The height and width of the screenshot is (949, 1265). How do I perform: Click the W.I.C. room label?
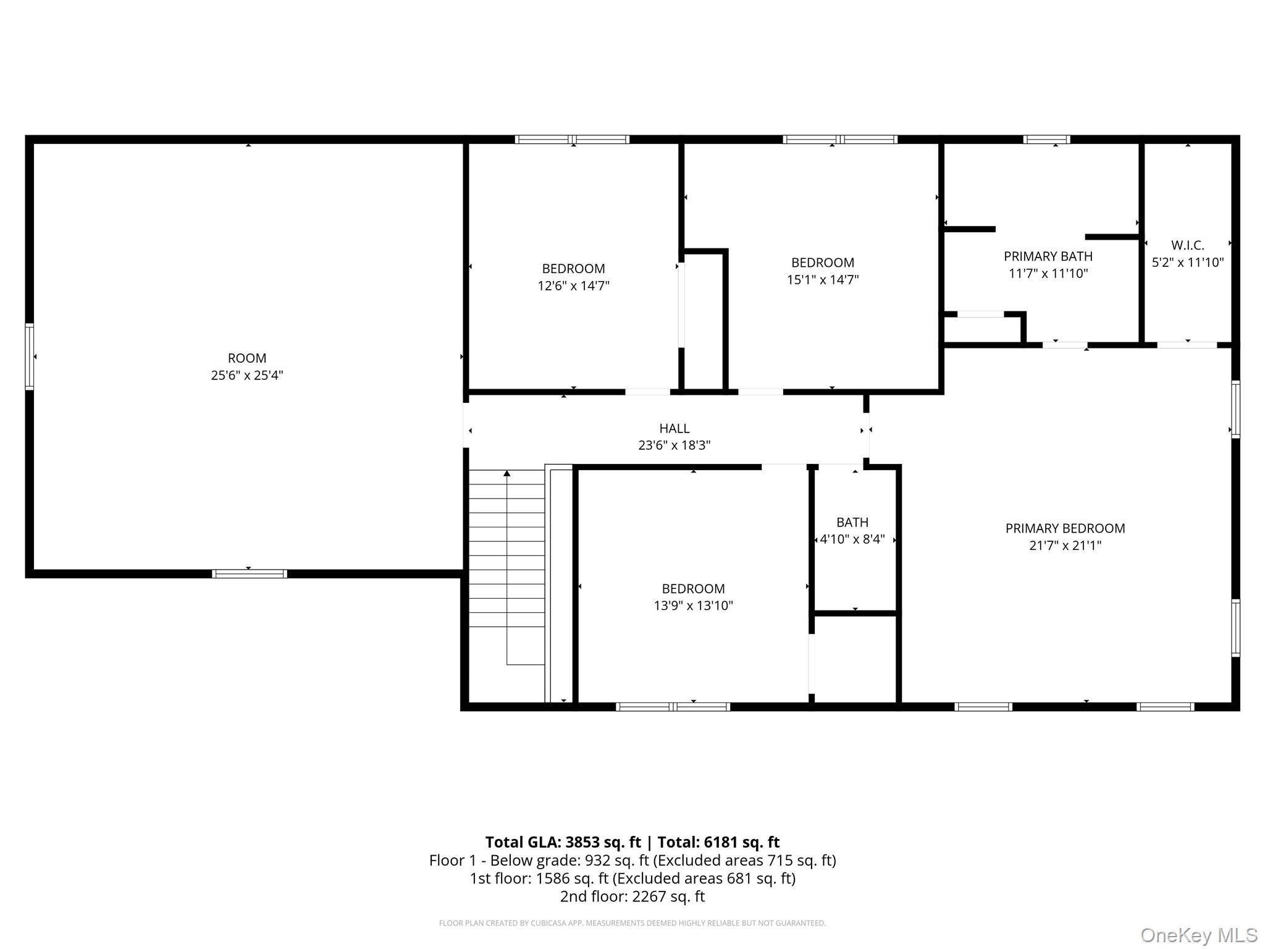(x=1187, y=245)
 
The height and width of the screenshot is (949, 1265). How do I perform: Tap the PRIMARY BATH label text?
(x=1048, y=256)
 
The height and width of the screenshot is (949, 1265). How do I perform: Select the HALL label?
(x=674, y=428)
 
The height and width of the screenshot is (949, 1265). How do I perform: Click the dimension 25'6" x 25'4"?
(x=247, y=375)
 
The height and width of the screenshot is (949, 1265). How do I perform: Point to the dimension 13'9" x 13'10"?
(x=693, y=605)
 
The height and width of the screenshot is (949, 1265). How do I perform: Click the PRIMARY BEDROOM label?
(x=1065, y=528)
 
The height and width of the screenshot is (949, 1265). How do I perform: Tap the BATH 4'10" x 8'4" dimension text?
(x=852, y=539)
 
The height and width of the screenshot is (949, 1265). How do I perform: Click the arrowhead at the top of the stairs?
(x=506, y=473)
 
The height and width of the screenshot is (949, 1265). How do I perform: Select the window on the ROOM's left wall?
(x=29, y=356)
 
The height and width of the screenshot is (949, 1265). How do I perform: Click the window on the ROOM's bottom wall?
(x=250, y=574)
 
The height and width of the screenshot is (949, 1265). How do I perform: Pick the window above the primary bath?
(x=1046, y=140)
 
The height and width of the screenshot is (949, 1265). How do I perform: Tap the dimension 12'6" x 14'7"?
(x=573, y=286)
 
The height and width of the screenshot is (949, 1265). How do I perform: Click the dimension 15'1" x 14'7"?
(x=822, y=280)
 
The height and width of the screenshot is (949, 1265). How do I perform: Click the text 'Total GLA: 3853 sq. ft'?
(x=563, y=842)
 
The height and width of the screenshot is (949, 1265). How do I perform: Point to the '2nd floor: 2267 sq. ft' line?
(x=632, y=896)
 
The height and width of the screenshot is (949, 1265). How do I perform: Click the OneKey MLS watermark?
(x=1199, y=935)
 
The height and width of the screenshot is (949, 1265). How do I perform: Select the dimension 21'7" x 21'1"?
(x=1065, y=546)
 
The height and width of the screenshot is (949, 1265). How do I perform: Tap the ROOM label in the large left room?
(x=247, y=358)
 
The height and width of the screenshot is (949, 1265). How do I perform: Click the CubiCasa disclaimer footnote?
(x=632, y=923)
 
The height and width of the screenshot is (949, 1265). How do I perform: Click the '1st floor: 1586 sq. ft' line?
(x=632, y=879)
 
